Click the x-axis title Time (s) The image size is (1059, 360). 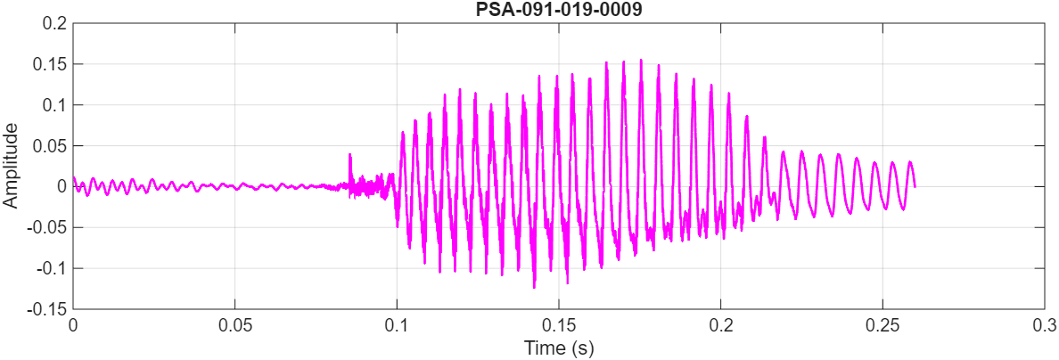(558, 348)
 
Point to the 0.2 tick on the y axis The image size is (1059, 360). (55, 23)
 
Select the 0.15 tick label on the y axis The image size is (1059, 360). (51, 64)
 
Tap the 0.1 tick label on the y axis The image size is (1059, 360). (55, 105)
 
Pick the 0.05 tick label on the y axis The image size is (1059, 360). (51, 146)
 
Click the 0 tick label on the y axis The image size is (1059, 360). (62, 187)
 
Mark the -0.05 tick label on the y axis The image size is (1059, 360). (48, 228)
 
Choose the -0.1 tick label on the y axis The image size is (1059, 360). (53, 269)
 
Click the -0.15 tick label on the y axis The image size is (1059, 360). (48, 309)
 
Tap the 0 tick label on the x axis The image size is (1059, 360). (73, 325)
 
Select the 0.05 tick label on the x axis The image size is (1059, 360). (234, 325)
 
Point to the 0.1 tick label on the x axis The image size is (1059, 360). (397, 325)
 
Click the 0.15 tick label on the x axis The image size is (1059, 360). (559, 325)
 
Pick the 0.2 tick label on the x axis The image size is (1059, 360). (720, 325)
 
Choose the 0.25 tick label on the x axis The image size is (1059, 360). (882, 325)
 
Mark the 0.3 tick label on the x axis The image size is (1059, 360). (1044, 325)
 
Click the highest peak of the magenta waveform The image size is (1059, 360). (640, 61)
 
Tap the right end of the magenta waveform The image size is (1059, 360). (915, 185)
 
